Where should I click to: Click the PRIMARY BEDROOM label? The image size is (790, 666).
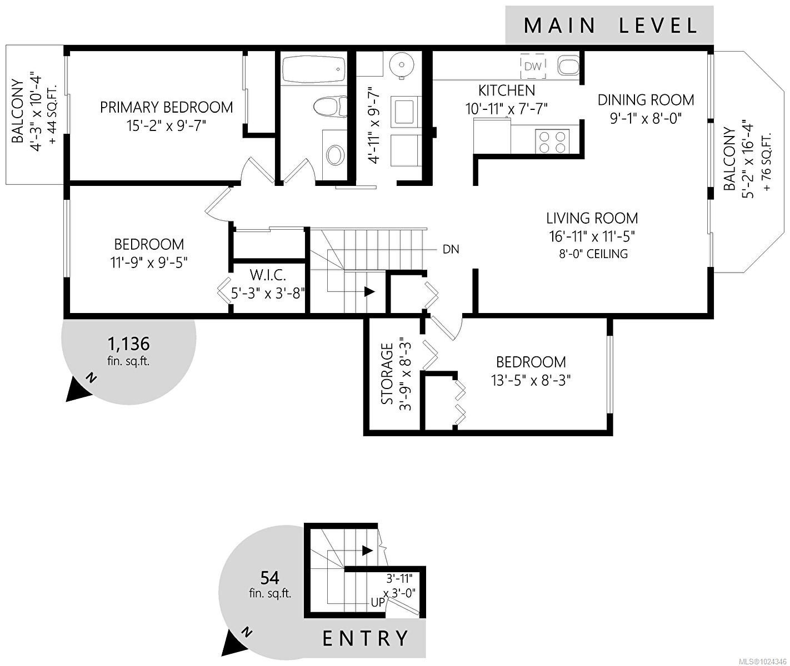pyautogui.click(x=166, y=107)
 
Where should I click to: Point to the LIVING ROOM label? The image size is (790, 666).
pyautogui.click(x=592, y=218)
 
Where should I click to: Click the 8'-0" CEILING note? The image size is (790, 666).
pyautogui.click(x=593, y=254)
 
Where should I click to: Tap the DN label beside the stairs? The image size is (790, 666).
pyautogui.click(x=451, y=249)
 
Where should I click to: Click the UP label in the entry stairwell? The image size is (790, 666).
pyautogui.click(x=377, y=602)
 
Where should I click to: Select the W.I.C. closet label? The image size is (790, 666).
pyautogui.click(x=268, y=275)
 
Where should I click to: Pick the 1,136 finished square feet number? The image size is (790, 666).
pyautogui.click(x=128, y=344)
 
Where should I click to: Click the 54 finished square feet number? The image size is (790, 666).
pyautogui.click(x=269, y=578)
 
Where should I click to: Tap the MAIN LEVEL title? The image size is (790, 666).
pyautogui.click(x=609, y=26)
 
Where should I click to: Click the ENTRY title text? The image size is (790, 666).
pyautogui.click(x=366, y=638)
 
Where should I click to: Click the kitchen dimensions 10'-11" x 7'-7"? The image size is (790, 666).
pyautogui.click(x=506, y=108)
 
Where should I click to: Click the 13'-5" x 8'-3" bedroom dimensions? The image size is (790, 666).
pyautogui.click(x=531, y=380)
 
